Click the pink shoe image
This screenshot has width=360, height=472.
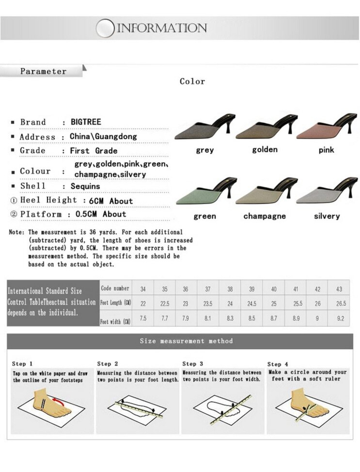pyautogui.click(x=326, y=128)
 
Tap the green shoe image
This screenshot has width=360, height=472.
pyautogui.click(x=205, y=193)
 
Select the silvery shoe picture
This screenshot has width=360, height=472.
pyautogui.click(x=326, y=193)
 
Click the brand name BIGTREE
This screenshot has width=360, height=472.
pyautogui.click(x=86, y=122)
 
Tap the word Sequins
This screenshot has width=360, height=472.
pyautogui.click(x=85, y=186)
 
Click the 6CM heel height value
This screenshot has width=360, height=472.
pyautogui.click(x=96, y=201)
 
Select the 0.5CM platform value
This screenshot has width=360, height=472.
pyautogui.click(x=86, y=214)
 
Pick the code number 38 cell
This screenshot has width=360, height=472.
pyautogui.click(x=230, y=289)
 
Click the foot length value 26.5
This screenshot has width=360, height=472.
pyautogui.click(x=341, y=304)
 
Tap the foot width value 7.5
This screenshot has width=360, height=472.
pyautogui.click(x=143, y=318)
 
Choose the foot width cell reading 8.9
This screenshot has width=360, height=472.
pyautogui.click(x=296, y=318)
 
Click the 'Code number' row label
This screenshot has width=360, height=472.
pyautogui.click(x=115, y=288)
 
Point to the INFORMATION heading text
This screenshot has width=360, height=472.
pyautogui.click(x=162, y=28)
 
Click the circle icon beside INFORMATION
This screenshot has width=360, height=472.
pyautogui.click(x=105, y=28)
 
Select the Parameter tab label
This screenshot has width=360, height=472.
pyautogui.click(x=43, y=71)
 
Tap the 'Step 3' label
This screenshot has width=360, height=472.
pyautogui.click(x=193, y=364)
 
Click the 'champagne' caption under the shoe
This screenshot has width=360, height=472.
pyautogui.click(x=264, y=216)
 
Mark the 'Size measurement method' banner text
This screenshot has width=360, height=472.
pyautogui.click(x=186, y=341)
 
